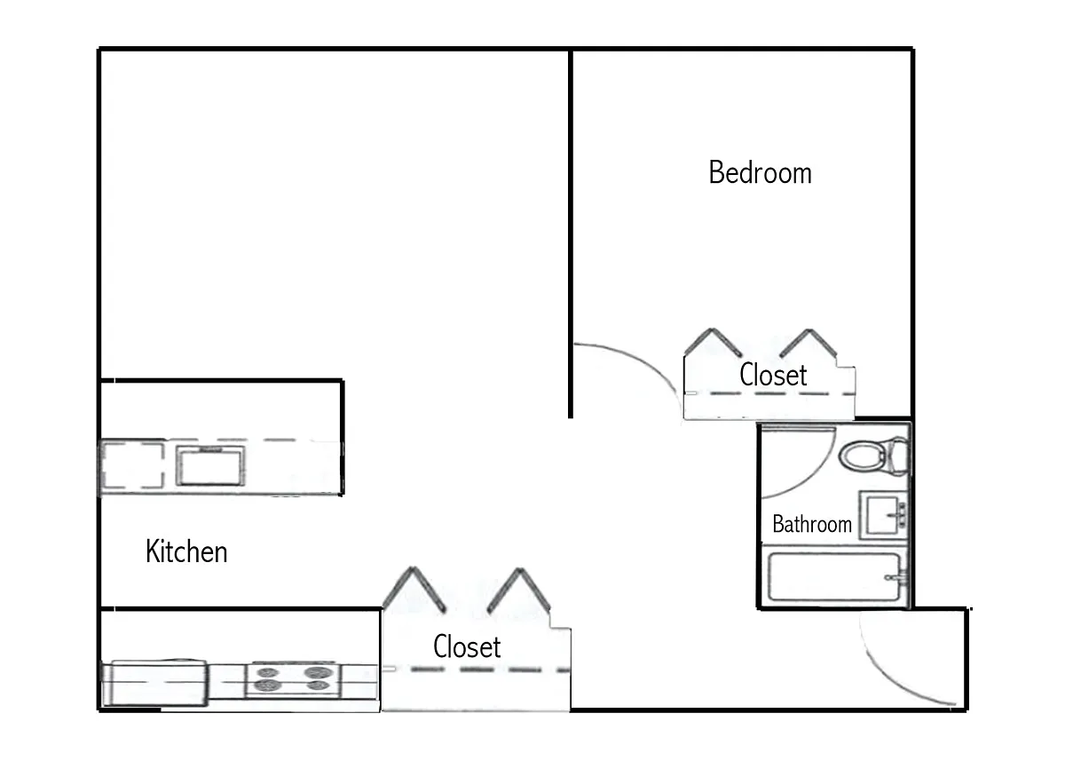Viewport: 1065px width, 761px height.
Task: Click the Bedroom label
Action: (760, 171)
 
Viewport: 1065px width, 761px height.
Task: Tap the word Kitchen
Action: (186, 551)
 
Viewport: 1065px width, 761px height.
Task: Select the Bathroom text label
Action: (811, 524)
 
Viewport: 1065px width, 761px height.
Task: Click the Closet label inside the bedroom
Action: (773, 375)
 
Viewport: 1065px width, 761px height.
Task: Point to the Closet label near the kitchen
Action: (467, 646)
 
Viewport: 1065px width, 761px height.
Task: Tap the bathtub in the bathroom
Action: (834, 578)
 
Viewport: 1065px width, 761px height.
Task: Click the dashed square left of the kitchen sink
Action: (131, 466)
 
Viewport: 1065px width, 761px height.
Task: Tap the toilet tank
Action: (899, 456)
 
